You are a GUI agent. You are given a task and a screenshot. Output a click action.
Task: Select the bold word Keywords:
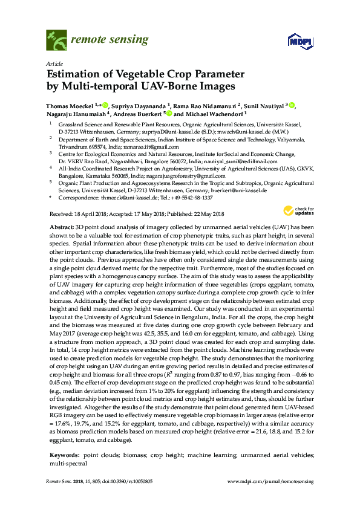[65, 453]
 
